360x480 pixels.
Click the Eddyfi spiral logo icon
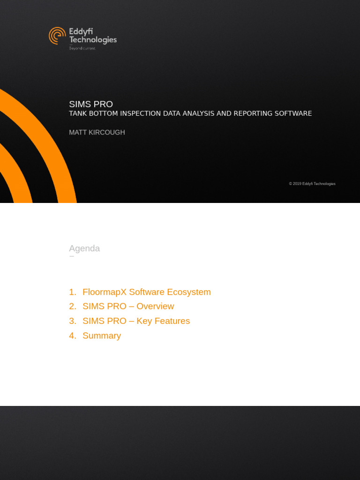[x=57, y=36]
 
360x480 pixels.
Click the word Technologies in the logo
[x=93, y=40]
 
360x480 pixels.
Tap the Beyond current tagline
[x=82, y=48]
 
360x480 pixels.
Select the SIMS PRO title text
[x=91, y=104]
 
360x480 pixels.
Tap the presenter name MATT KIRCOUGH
[x=97, y=132]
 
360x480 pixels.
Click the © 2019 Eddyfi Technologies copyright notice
[x=312, y=184]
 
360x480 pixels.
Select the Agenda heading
[x=84, y=248]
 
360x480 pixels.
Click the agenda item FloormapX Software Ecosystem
[x=146, y=292]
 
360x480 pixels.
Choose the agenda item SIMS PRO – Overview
[x=128, y=306]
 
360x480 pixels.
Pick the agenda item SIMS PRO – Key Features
[x=136, y=321]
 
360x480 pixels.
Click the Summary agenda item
[x=102, y=336]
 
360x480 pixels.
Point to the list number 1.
[x=72, y=292]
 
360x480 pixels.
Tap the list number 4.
[x=72, y=336]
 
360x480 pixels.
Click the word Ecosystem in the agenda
[x=189, y=292]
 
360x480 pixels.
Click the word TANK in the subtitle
[x=78, y=113]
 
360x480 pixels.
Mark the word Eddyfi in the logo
[x=81, y=31]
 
